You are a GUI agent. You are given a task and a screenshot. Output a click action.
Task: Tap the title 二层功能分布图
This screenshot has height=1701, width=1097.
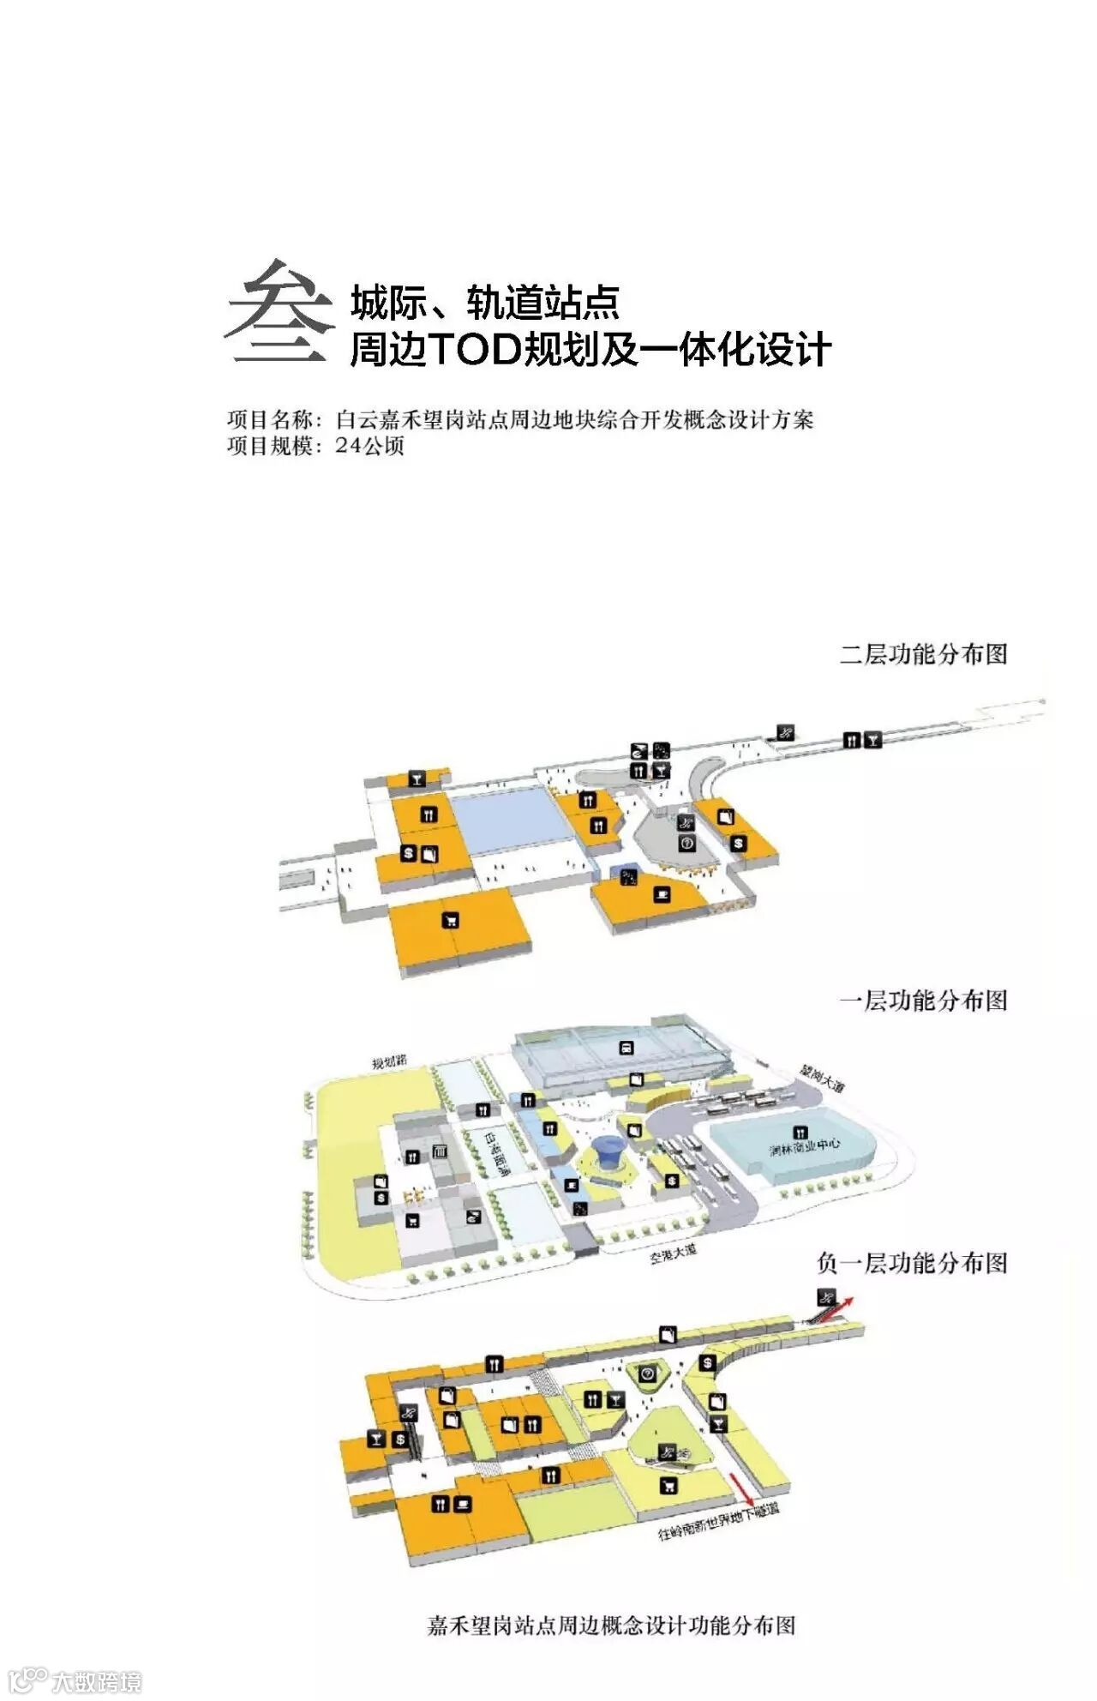pos(923,654)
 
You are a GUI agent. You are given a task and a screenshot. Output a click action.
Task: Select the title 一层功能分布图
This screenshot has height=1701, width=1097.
pos(923,1001)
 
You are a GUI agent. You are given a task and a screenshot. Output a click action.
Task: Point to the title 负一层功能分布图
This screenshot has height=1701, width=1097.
pos(912,1263)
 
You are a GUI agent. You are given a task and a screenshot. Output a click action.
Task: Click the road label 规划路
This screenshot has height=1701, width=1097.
pos(390,1061)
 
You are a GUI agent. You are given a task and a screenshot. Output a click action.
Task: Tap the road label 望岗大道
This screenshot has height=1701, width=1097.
pos(821,1079)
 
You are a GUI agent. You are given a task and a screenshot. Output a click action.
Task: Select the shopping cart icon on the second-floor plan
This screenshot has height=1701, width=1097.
pos(450,921)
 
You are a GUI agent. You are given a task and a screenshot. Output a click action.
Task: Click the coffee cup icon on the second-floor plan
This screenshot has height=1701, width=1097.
pos(662,894)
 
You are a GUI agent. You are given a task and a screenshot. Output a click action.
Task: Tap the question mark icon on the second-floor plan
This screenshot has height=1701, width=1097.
pos(686,844)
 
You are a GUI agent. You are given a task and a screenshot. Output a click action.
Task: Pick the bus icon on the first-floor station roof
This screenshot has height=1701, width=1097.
pos(626,1047)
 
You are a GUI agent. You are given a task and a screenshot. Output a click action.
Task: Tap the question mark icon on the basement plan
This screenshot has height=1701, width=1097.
pos(648,1373)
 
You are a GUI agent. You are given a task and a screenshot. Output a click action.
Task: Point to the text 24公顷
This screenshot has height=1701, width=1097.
pos(369,446)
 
